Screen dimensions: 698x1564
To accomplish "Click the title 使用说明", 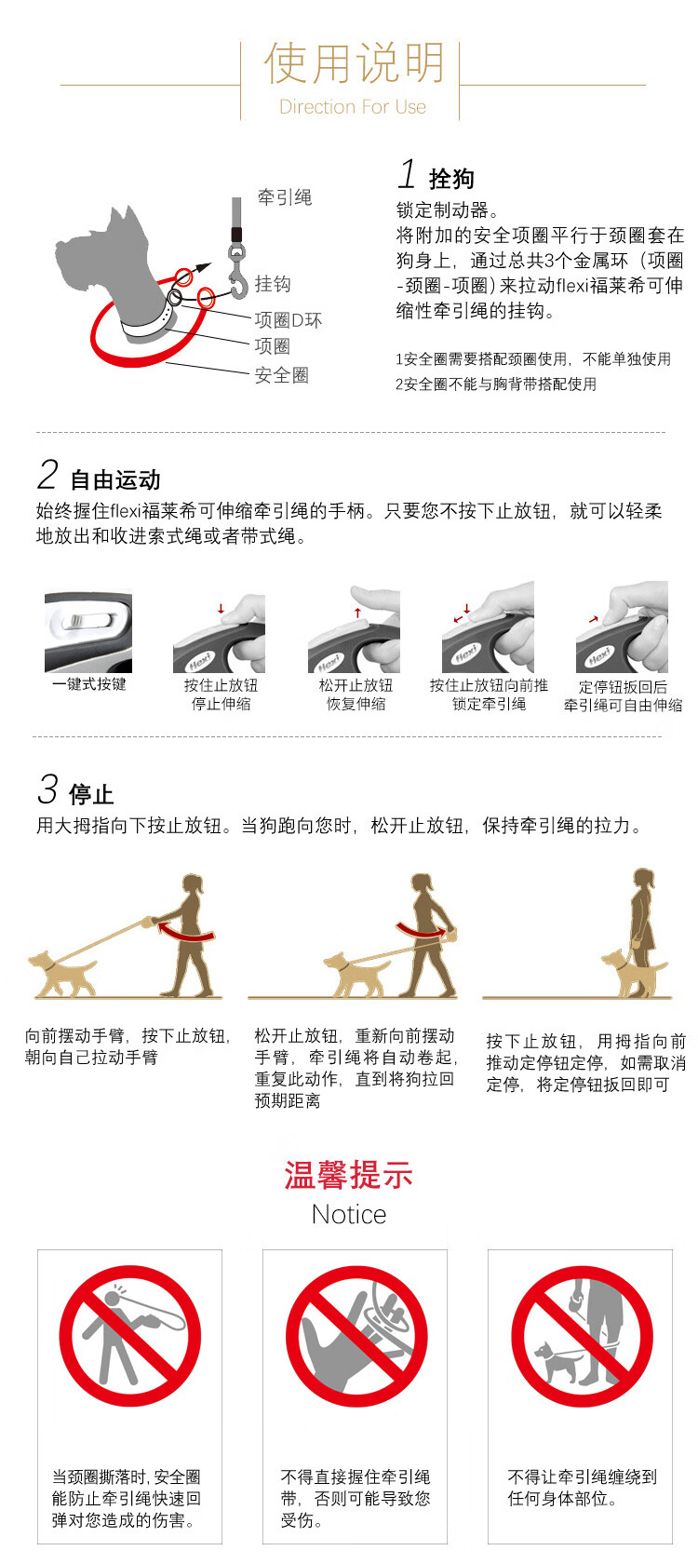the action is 354,63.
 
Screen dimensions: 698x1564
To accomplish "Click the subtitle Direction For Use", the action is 353,107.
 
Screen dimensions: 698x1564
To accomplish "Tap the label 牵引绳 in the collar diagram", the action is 285,197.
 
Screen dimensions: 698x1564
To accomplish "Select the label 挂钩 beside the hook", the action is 273,283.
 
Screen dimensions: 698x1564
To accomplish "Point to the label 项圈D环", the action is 289,320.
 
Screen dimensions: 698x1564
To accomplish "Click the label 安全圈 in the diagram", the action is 281,375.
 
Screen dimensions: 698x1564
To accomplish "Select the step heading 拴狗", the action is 451,179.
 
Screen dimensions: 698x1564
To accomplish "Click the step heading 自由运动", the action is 115,479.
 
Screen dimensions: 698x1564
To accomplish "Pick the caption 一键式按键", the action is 88,684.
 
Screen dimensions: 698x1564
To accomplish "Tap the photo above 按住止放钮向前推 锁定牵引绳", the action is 488,627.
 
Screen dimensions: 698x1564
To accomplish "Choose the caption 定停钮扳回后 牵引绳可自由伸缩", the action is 623,696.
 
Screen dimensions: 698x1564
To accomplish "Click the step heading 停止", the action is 91,794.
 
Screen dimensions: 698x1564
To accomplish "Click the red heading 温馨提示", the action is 348,1175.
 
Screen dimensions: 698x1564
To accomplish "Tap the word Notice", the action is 349,1214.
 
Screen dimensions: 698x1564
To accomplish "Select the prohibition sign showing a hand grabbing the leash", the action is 356,1336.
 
